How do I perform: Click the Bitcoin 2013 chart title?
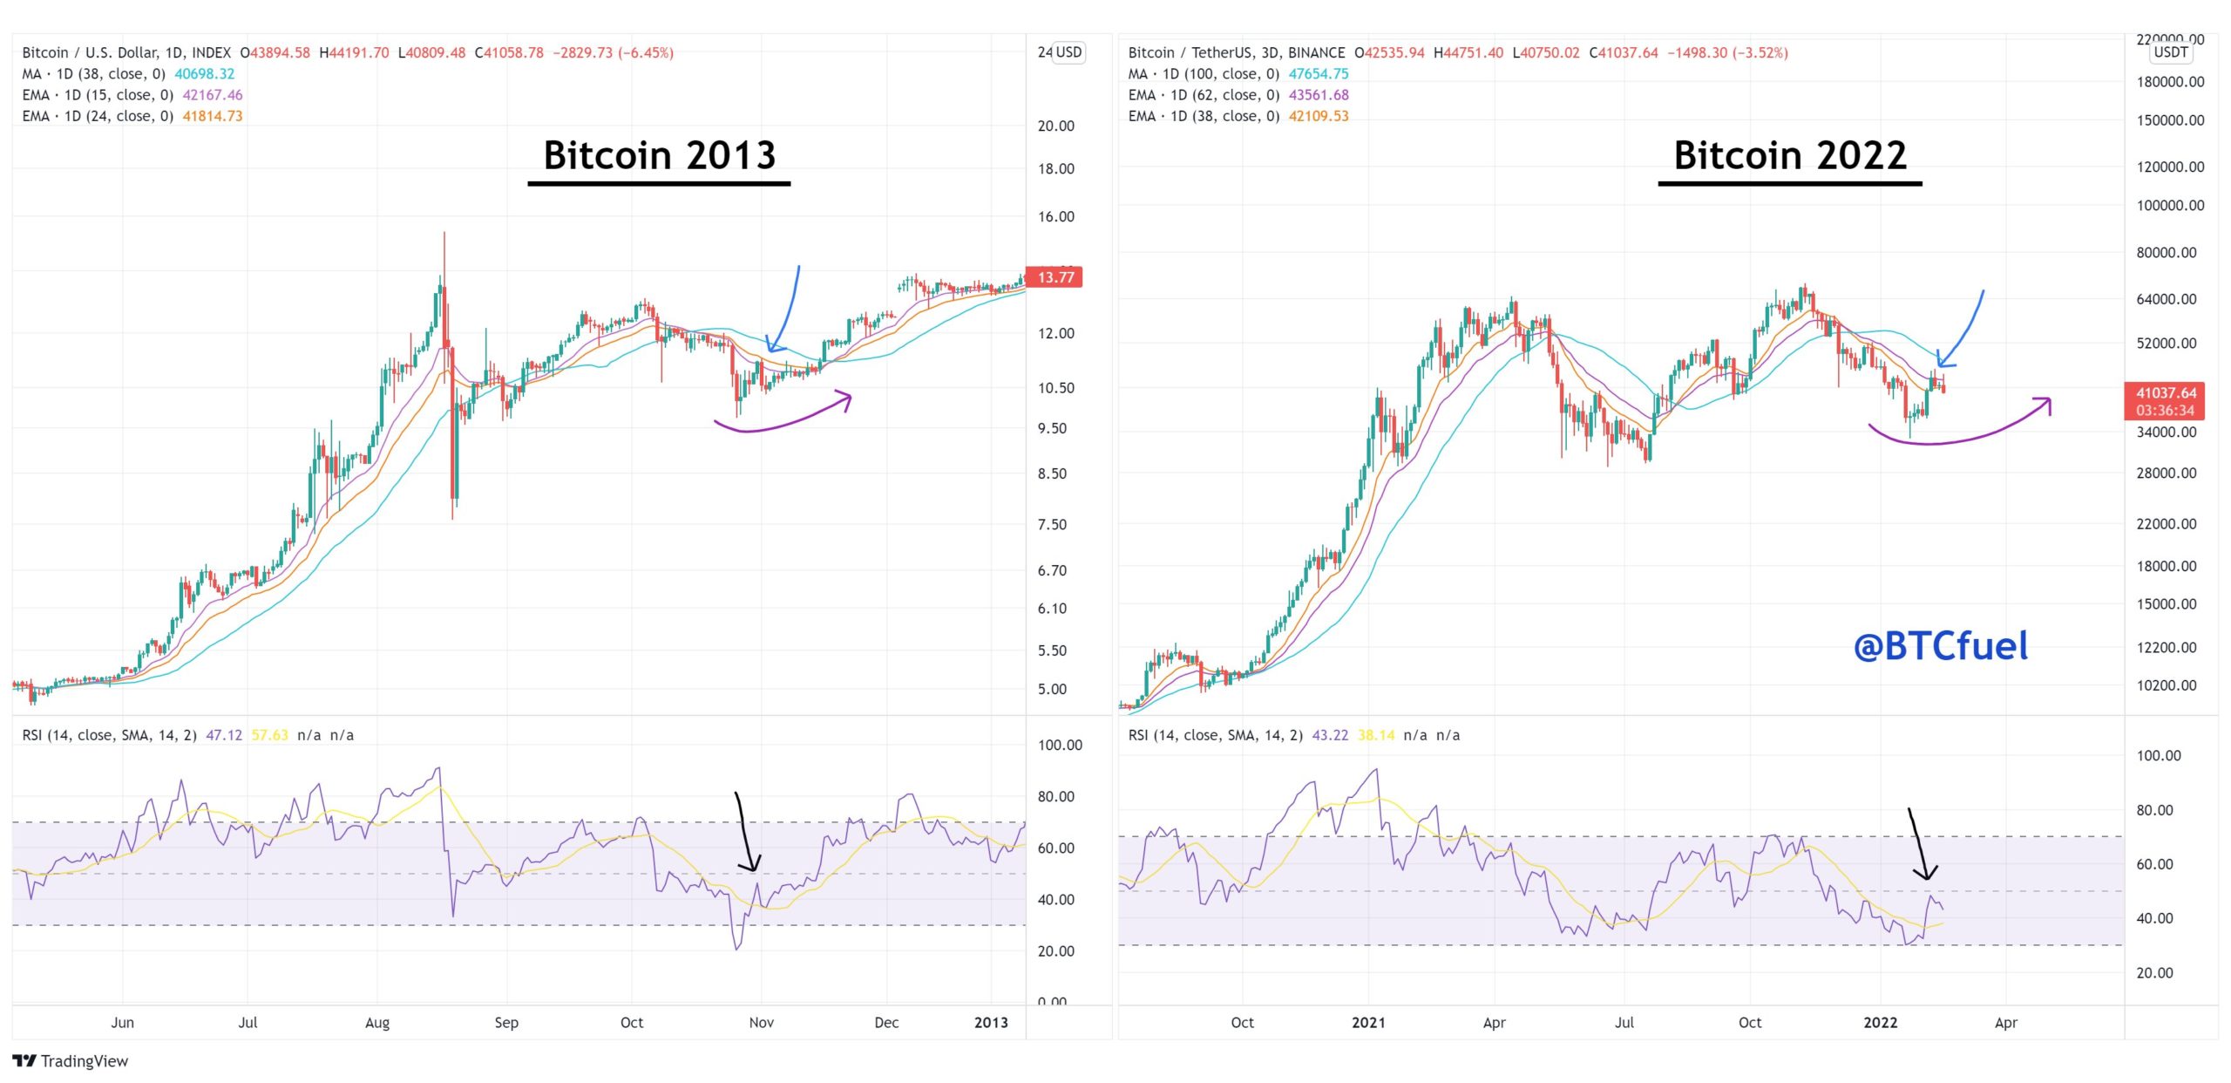659,155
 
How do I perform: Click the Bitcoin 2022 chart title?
1790,155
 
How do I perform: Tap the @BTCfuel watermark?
1941,646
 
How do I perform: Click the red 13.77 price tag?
1054,277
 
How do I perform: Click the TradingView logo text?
84,1060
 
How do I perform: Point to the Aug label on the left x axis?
376,1022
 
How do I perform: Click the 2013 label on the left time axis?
991,1022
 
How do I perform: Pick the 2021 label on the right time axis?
1367,1022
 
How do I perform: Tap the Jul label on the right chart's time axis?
1624,1022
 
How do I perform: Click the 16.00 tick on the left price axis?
1055,216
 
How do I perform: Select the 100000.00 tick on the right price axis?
2170,206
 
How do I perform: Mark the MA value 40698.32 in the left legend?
205,74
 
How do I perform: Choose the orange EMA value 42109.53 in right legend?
1319,116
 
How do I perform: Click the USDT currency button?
2170,52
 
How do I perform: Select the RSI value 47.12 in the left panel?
224,735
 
